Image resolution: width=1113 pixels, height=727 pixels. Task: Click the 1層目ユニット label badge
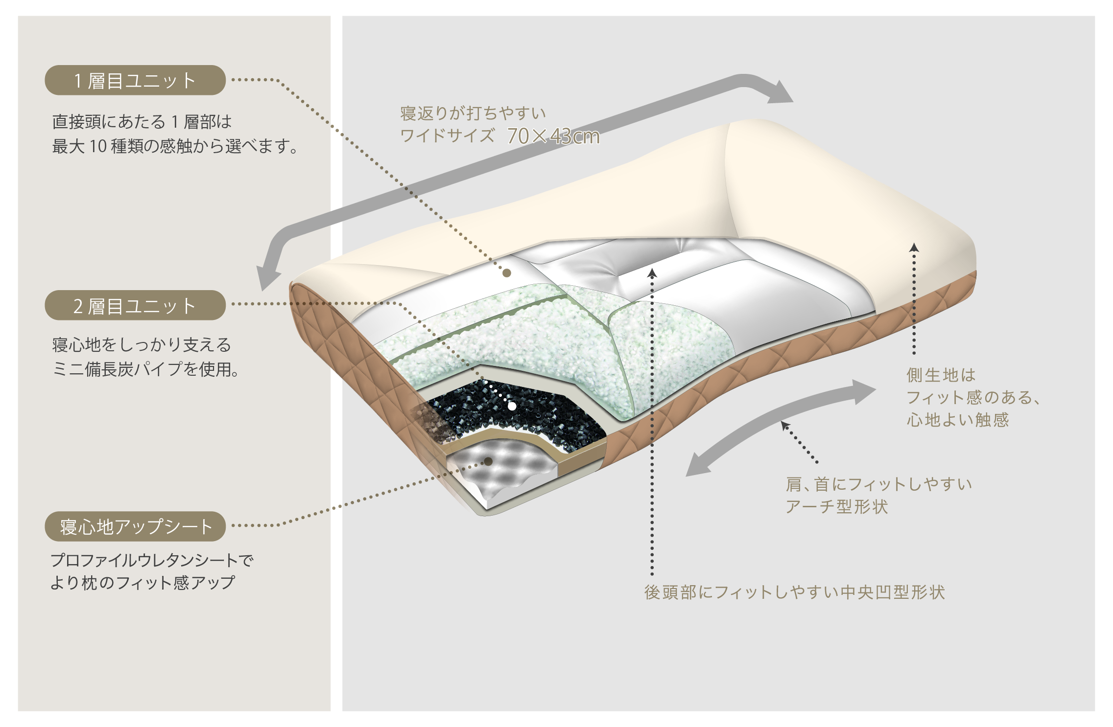tap(135, 80)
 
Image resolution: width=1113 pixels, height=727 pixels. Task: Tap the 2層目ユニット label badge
tap(135, 306)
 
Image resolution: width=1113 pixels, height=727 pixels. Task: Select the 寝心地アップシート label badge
tap(135, 526)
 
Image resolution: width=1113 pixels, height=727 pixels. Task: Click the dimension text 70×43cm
tap(553, 136)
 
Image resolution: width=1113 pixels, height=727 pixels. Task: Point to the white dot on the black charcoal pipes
tap(512, 406)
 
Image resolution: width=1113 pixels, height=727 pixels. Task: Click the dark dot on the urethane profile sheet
tap(488, 461)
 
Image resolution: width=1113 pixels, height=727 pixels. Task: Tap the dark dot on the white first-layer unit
tap(507, 273)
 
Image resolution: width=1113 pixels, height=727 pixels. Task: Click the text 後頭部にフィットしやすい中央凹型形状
tap(794, 592)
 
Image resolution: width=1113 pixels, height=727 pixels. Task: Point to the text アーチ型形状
tap(837, 506)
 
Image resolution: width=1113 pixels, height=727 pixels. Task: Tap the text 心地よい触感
tap(958, 419)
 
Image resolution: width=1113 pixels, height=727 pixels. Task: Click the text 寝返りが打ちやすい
tap(473, 113)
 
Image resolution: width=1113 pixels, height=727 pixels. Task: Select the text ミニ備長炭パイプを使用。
tap(146, 369)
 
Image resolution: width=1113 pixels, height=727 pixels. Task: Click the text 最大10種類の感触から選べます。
tap(175, 146)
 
